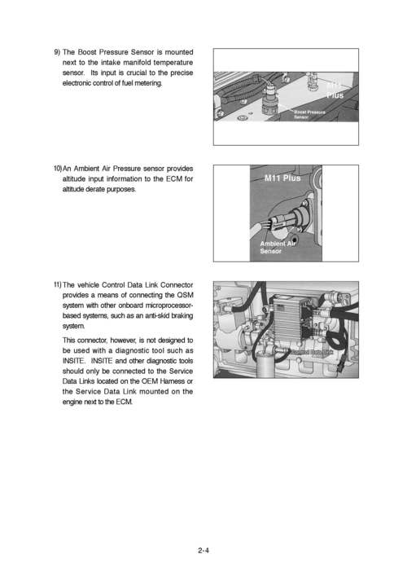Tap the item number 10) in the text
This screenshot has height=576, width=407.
tap(58, 169)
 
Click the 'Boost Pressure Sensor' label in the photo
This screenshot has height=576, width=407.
tap(309, 114)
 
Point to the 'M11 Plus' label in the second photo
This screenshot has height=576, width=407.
tap(282, 178)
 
